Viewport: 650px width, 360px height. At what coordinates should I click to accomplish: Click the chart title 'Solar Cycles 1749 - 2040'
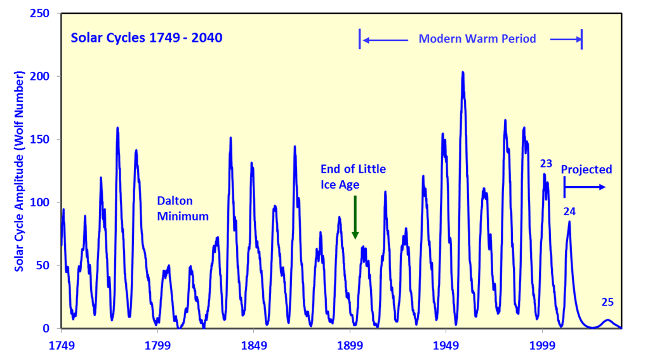146,37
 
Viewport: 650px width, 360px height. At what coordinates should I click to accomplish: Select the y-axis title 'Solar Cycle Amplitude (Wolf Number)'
20,171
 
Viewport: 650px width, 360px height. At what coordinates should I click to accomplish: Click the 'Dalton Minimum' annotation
183,208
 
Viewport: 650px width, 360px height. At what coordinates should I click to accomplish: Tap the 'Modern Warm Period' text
477,39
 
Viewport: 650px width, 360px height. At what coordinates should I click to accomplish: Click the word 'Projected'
586,170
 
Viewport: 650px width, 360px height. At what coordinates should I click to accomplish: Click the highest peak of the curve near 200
463,73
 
